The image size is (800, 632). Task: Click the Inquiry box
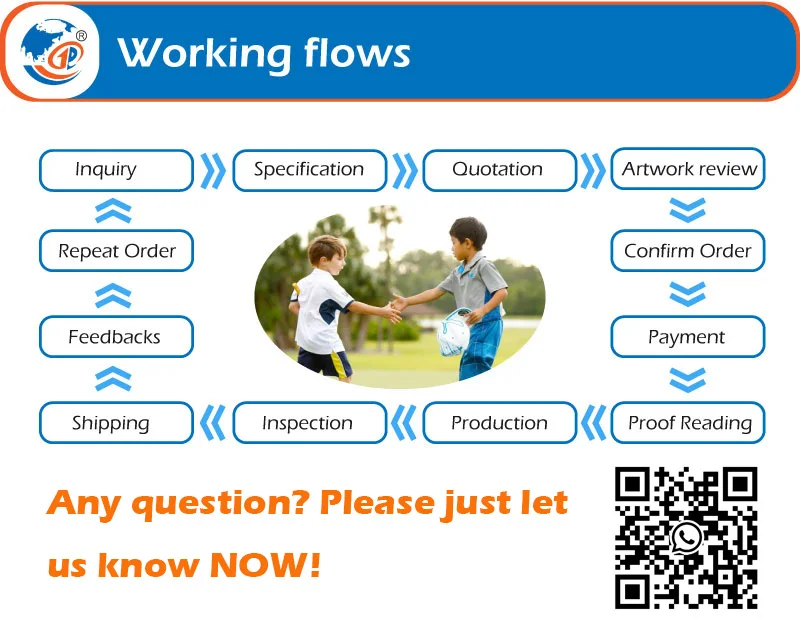point(116,170)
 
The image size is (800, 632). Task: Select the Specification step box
point(309,170)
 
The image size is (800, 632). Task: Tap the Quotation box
point(499,170)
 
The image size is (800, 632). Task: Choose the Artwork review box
point(688,170)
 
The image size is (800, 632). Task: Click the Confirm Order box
point(688,251)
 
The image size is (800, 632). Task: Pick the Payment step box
point(688,337)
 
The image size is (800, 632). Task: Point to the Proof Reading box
point(688,423)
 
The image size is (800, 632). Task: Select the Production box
point(499,423)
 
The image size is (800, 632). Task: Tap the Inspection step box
point(309,423)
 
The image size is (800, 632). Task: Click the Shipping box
point(116,423)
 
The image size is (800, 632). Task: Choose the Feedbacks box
point(116,337)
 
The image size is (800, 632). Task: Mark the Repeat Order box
point(116,251)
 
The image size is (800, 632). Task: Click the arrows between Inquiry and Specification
point(213,170)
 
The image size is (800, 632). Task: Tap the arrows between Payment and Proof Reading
point(688,380)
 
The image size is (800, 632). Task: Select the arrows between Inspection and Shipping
point(213,423)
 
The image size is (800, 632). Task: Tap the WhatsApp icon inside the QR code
point(686,538)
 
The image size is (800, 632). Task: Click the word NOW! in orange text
point(265,566)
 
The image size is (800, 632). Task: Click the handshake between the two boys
point(393,304)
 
